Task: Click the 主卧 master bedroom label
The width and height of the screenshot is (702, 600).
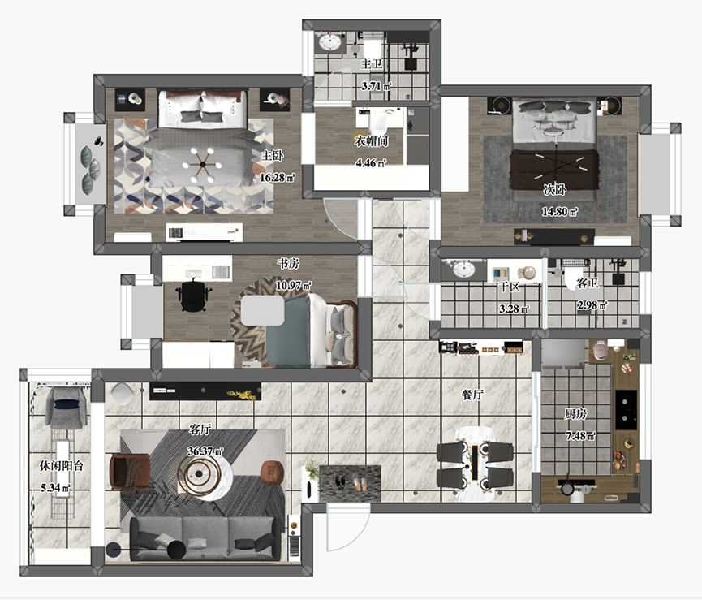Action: [x=272, y=155]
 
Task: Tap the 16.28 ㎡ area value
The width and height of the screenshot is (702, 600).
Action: [x=277, y=178]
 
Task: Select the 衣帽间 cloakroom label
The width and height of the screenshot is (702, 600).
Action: [x=371, y=140]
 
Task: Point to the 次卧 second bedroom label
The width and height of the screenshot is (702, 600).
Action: [x=555, y=189]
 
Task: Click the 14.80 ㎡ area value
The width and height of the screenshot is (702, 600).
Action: [x=560, y=211]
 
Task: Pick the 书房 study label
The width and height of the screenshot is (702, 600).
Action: [x=288, y=263]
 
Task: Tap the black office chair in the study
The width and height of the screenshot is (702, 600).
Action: [x=193, y=294]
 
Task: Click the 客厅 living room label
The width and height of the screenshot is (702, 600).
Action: [x=200, y=429]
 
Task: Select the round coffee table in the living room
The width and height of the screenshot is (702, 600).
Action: [x=205, y=476]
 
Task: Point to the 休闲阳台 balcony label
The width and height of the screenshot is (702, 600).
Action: [x=62, y=466]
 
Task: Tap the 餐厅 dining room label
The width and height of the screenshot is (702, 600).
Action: [x=472, y=395]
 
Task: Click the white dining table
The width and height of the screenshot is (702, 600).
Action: [x=475, y=464]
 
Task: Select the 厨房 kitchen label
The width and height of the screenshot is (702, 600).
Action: [x=575, y=414]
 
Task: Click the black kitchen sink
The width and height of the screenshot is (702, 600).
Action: [x=626, y=410]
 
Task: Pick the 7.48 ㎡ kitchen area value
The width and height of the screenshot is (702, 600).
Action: [x=581, y=436]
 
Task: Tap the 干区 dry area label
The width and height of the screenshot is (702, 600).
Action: [x=510, y=287]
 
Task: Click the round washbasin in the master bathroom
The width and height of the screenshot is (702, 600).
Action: [x=330, y=43]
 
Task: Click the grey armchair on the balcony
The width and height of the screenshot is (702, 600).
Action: [x=67, y=408]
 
